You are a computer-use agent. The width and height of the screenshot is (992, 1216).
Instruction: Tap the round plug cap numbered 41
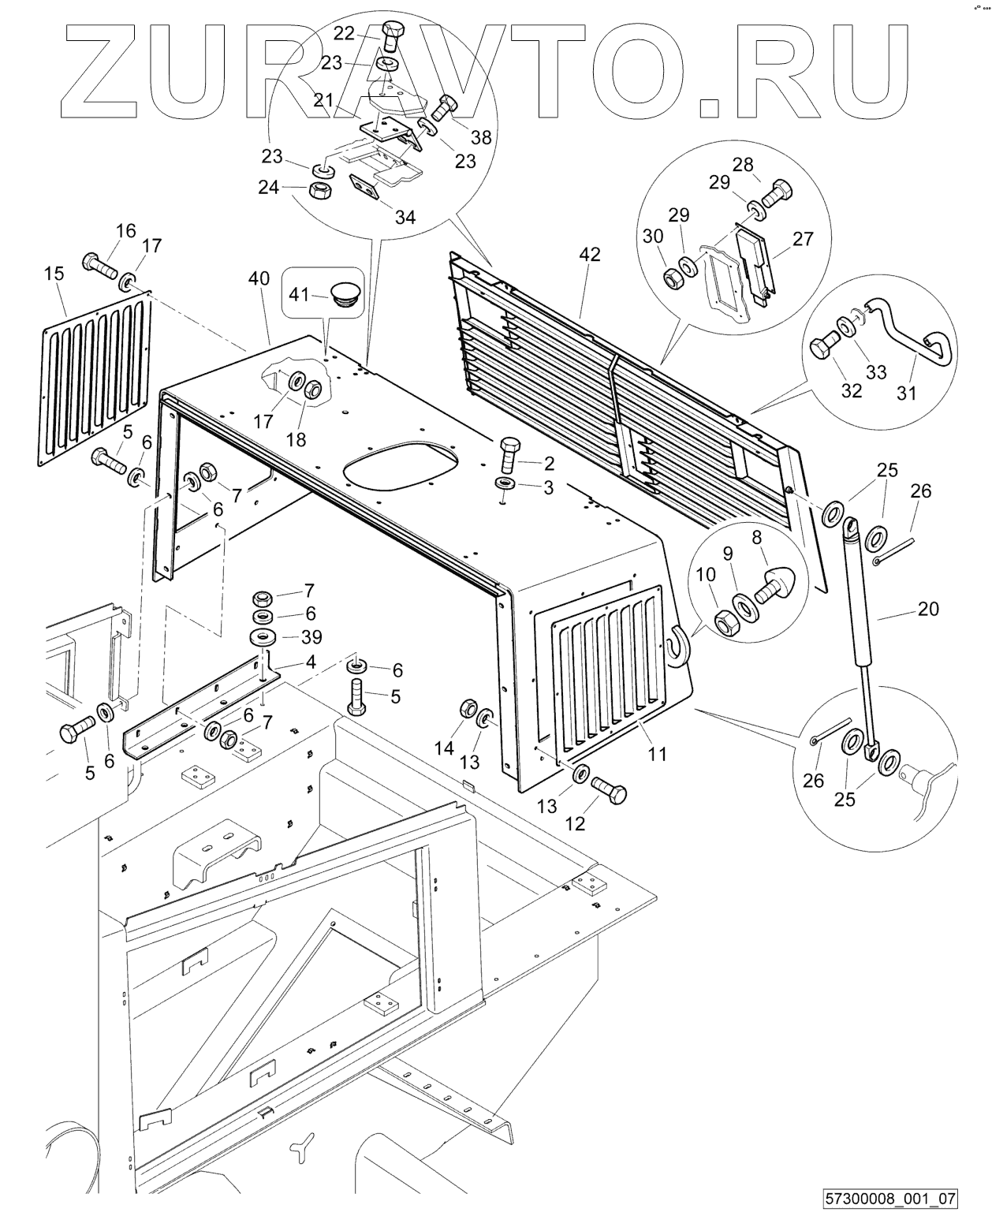click(345, 295)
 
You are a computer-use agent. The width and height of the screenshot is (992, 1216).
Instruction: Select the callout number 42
click(590, 255)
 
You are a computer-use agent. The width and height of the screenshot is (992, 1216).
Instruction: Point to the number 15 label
click(54, 274)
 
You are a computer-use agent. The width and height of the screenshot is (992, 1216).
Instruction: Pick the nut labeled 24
click(319, 191)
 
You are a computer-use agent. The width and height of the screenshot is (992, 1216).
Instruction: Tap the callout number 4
click(311, 662)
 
